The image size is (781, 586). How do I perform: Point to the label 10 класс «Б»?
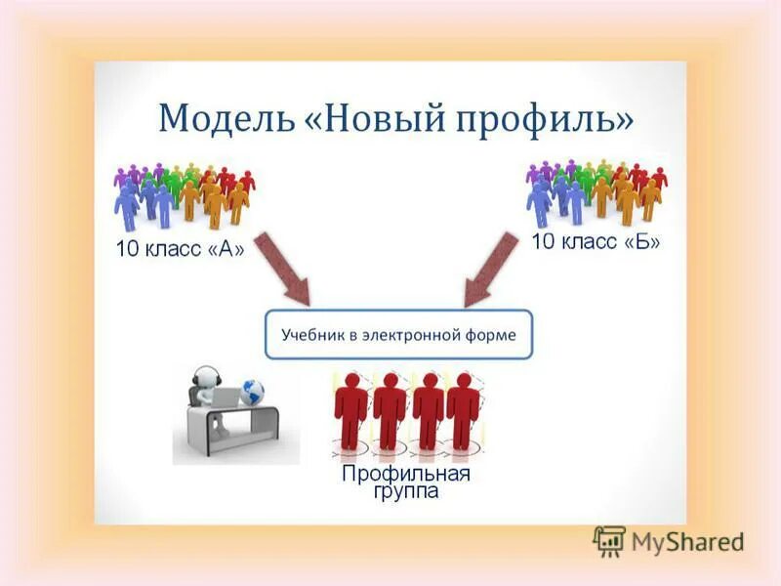[596, 241]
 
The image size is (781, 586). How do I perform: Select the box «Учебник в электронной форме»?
[398, 335]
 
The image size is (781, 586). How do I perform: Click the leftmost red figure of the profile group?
[350, 410]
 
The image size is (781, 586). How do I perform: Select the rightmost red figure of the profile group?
[463, 410]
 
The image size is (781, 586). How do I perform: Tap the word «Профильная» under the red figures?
[405, 475]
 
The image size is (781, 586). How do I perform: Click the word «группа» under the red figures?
[405, 492]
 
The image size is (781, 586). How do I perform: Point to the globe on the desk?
[253, 393]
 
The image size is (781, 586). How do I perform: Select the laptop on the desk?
[227, 398]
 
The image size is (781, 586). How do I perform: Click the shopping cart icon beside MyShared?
[609, 541]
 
